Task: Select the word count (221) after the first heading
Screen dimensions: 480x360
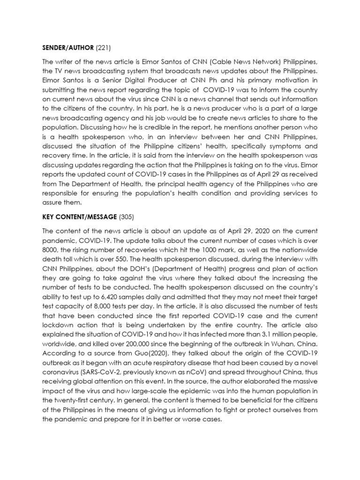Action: point(104,47)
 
